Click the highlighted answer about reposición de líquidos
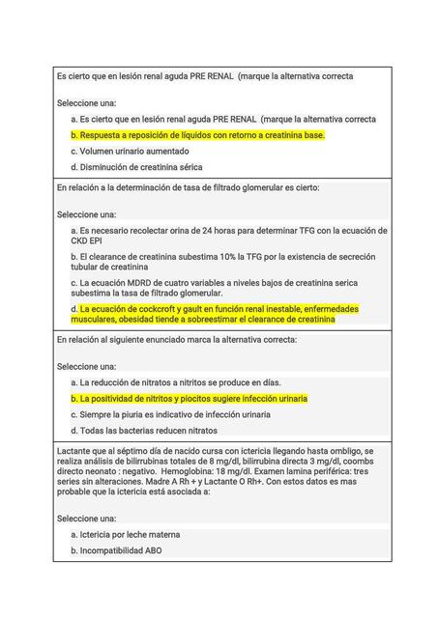(198, 135)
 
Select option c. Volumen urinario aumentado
(130, 152)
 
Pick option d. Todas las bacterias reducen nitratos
(143, 430)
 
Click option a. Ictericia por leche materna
(126, 534)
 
